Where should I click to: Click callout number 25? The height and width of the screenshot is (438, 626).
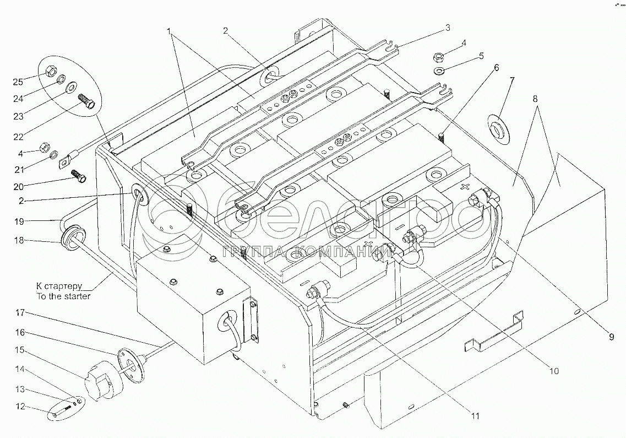click(x=18, y=82)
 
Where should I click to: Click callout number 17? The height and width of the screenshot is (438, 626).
click(x=20, y=312)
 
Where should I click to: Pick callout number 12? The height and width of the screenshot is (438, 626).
click(x=20, y=408)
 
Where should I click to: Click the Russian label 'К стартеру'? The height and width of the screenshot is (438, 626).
click(x=59, y=286)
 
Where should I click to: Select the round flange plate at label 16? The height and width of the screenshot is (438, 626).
click(x=132, y=364)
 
